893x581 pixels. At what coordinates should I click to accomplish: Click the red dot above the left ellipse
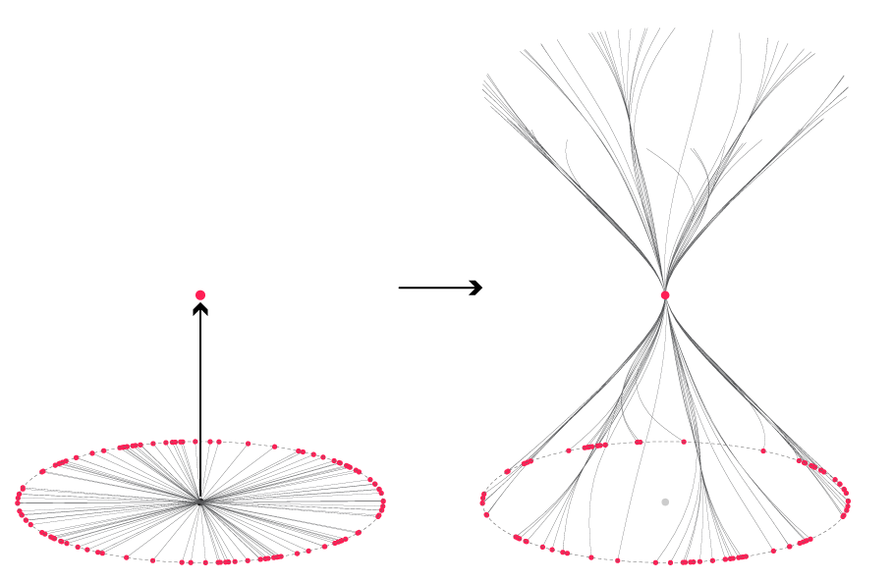click(x=200, y=295)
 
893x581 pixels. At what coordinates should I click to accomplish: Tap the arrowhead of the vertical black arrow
click(x=200, y=309)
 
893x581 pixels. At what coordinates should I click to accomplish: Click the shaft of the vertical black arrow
click(x=200, y=402)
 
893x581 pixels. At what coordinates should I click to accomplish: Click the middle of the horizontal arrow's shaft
click(x=437, y=288)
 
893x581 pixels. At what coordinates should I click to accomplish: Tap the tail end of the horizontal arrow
click(x=401, y=288)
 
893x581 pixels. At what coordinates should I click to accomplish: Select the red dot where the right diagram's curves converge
click(x=665, y=295)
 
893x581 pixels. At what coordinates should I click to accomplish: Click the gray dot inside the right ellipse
click(x=665, y=502)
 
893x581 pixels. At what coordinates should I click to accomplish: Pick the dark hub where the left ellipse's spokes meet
click(x=200, y=502)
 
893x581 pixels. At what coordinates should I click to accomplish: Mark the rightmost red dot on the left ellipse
click(x=383, y=502)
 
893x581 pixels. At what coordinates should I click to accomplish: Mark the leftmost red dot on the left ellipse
click(x=18, y=502)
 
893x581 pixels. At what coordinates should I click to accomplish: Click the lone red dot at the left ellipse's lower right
click(x=358, y=532)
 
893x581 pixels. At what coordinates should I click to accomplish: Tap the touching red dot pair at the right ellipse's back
click(x=639, y=442)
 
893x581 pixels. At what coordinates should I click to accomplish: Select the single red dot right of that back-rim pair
click(x=684, y=442)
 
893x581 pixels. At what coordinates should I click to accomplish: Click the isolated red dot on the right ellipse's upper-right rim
click(x=763, y=451)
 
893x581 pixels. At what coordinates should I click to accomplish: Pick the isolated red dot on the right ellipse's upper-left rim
click(x=568, y=451)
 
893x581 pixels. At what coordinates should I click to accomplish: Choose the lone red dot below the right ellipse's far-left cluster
click(x=486, y=514)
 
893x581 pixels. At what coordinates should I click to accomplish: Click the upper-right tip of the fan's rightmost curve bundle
click(x=846, y=77)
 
